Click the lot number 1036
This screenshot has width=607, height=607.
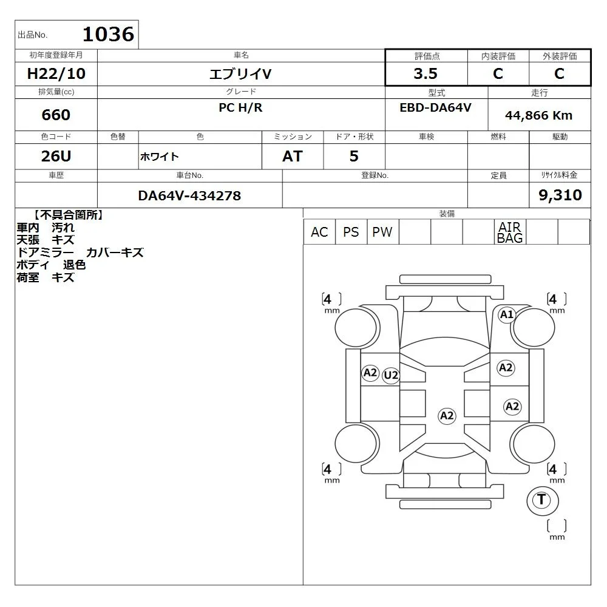(109, 34)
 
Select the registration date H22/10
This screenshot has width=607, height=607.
(56, 73)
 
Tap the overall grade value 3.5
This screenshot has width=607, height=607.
(426, 73)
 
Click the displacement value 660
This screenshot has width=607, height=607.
(56, 115)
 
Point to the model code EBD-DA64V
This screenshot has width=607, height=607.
(435, 107)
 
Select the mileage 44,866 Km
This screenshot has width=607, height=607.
(538, 115)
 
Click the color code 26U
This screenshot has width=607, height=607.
(56, 156)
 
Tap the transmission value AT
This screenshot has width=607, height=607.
(293, 156)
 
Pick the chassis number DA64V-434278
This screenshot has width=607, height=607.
(189, 196)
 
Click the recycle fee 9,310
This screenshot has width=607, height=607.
(560, 195)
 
